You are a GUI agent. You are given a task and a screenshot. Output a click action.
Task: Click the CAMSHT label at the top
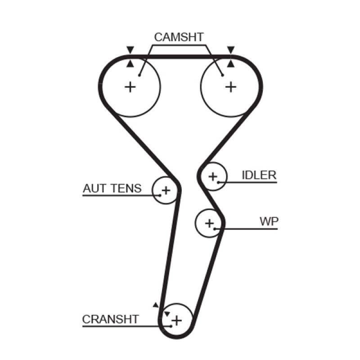(x=179, y=37)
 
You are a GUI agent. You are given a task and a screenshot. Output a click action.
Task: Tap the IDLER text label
(x=259, y=175)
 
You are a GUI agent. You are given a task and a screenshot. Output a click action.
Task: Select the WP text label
(x=269, y=221)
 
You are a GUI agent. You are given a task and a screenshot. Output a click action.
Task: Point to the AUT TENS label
(x=112, y=188)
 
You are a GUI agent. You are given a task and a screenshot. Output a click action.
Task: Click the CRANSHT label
(x=111, y=319)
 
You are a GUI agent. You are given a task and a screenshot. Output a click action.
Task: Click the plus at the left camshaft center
(x=130, y=86)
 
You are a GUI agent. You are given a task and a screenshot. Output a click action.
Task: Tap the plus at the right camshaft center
(x=231, y=86)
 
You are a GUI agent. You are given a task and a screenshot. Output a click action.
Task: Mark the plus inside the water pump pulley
(x=209, y=222)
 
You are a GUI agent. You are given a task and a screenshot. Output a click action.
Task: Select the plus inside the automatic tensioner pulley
(x=166, y=190)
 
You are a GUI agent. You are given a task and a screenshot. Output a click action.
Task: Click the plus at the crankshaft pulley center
(x=177, y=320)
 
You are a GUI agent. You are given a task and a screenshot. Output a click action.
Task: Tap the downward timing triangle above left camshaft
(x=130, y=49)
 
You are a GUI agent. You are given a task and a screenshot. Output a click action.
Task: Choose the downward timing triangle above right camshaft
(x=231, y=49)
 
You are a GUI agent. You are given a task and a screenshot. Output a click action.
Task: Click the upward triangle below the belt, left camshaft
(x=130, y=64)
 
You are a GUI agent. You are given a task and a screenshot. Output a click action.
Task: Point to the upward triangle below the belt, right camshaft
(x=231, y=64)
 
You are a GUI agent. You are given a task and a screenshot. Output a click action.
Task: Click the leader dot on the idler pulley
(x=219, y=182)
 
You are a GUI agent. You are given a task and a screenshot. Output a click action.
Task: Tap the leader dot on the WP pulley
(x=216, y=229)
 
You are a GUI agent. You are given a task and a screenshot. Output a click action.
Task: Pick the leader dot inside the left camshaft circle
(x=140, y=75)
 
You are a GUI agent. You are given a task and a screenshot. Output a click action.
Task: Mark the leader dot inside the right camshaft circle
(x=223, y=75)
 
